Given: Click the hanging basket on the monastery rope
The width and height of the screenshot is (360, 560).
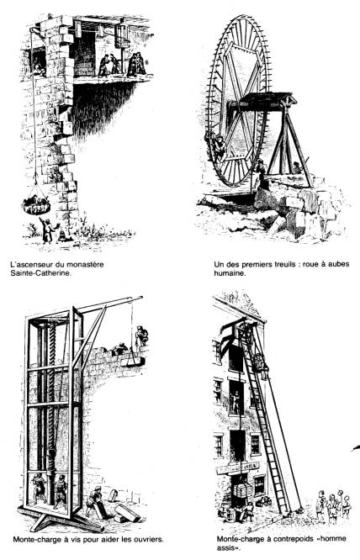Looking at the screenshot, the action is tap(36, 204).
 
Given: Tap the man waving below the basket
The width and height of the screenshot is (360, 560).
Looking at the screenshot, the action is tap(47, 230).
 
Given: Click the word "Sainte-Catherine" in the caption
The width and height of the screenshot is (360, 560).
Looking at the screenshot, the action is tap(40, 274).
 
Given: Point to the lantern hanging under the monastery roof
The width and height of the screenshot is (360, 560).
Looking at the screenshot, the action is tap(122, 35).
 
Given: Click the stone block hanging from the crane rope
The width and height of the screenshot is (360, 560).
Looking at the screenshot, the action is tap(133, 362).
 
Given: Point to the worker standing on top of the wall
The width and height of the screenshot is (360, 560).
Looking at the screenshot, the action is tap(141, 336).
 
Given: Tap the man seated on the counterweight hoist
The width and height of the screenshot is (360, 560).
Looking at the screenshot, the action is tap(261, 366).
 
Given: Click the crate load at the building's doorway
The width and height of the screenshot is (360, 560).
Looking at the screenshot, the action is tap(244, 490).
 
